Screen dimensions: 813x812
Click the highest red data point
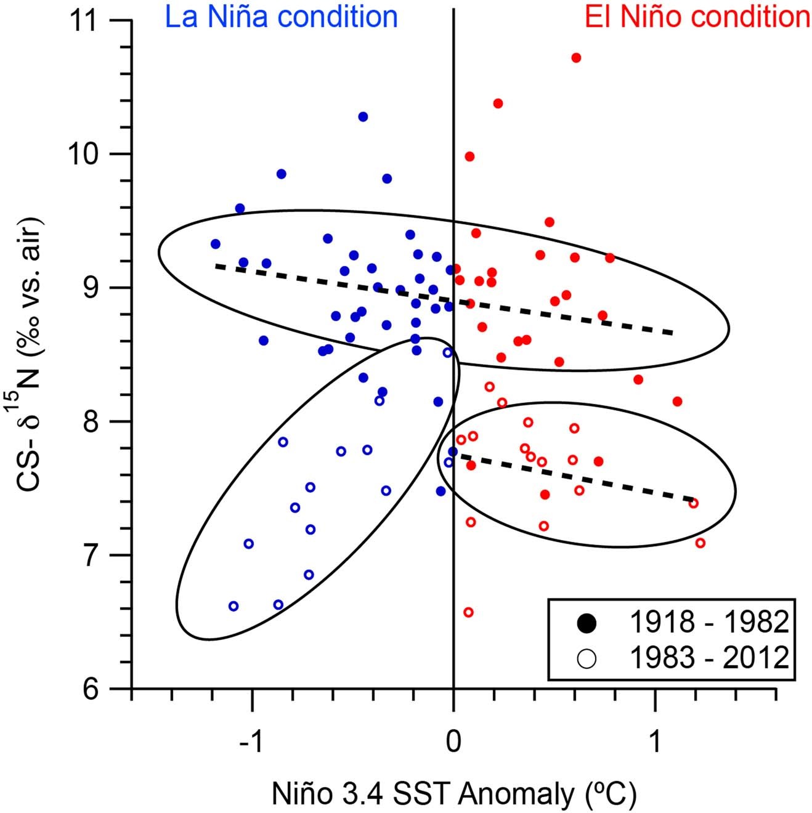576,58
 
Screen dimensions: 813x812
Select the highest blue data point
363,117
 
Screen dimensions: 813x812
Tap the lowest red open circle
468,612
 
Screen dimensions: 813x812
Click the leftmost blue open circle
233,606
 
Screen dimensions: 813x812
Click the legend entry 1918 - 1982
708,623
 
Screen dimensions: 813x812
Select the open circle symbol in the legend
587,658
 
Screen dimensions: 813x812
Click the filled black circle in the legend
587,623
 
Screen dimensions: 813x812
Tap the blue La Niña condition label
281,17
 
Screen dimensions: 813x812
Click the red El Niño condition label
697,17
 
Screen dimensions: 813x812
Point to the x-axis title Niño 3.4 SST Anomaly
453,794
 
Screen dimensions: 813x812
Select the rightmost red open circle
700,543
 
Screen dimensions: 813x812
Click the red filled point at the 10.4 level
498,103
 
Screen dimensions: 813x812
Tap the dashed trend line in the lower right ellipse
573,478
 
